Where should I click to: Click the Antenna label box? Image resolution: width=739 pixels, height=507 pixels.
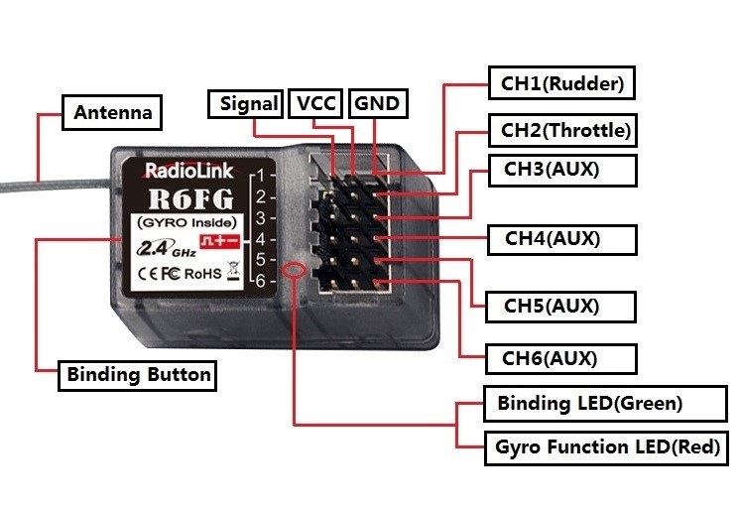coord(113,112)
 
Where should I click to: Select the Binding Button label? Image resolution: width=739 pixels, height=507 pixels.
coord(138,375)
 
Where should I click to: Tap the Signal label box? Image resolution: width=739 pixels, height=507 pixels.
coord(248,103)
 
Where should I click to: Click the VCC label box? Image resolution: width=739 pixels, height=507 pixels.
coord(317,103)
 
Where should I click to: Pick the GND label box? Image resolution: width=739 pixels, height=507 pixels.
coord(379,103)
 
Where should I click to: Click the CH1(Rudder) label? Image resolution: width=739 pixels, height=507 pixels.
coord(561,83)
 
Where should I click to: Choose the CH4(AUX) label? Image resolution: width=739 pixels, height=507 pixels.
coord(553,238)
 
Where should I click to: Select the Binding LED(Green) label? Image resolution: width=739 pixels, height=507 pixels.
coord(589,403)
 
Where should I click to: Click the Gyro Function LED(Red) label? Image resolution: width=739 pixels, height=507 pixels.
coord(607,446)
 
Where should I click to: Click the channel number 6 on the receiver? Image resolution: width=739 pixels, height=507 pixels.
coord(259,281)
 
